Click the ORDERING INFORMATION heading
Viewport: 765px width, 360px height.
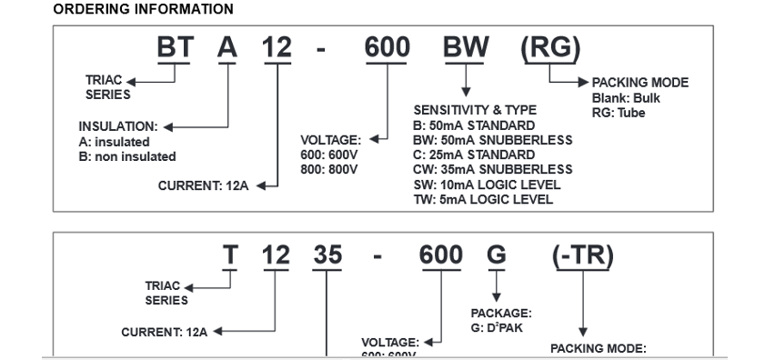tap(143, 9)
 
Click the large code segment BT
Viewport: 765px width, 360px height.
tap(175, 49)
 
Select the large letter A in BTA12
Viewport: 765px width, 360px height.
tap(227, 49)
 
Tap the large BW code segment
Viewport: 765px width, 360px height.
tap(467, 49)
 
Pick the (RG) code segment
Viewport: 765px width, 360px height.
tap(549, 49)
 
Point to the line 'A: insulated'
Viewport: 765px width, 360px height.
tap(115, 143)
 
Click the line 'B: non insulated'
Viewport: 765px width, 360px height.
tap(127, 157)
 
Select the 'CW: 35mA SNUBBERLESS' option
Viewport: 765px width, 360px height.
tap(492, 169)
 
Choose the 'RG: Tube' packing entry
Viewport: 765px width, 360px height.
tap(619, 112)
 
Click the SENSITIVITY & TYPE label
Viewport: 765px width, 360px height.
tap(475, 110)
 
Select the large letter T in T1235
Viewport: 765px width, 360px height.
tap(231, 257)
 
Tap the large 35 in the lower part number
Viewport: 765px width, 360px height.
tap(327, 257)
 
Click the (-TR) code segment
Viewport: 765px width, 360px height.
tap(582, 257)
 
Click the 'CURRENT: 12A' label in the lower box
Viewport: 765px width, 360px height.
tap(164, 332)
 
